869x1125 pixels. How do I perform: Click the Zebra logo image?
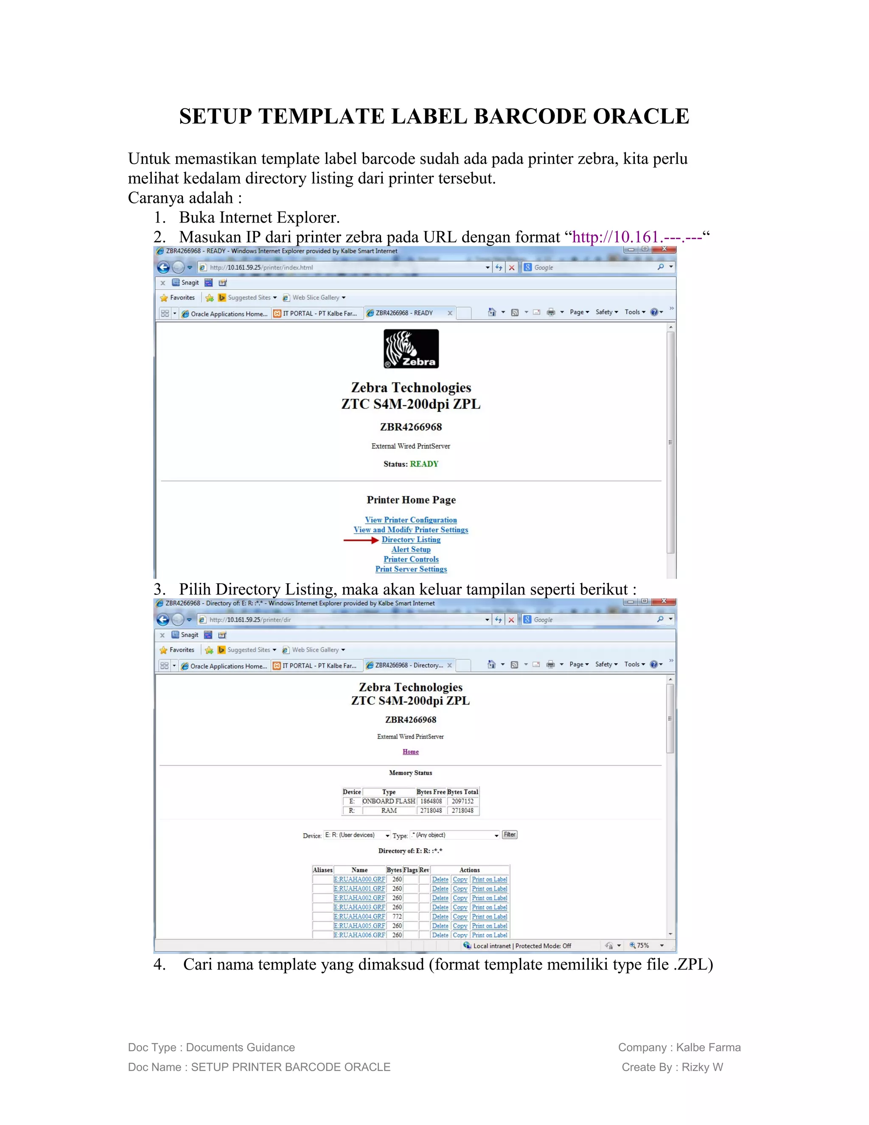[411, 349]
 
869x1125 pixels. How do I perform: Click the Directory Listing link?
[411, 539]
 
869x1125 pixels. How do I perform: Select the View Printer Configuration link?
[411, 520]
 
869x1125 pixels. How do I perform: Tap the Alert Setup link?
[411, 549]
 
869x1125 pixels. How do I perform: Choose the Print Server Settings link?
[411, 569]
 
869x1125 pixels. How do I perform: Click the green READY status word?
[424, 464]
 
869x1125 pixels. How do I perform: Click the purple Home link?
[410, 751]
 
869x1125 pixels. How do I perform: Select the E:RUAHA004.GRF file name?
[359, 917]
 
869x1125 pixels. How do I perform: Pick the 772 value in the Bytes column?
[397, 917]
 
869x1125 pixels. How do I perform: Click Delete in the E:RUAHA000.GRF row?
[440, 879]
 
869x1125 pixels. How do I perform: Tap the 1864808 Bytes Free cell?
[431, 801]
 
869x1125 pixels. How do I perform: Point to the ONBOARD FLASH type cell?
[389, 801]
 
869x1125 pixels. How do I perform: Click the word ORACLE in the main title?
[641, 116]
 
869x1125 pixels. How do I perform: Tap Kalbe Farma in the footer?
[708, 1047]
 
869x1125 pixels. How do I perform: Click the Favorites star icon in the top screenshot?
[164, 298]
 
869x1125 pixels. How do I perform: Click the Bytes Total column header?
[463, 792]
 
